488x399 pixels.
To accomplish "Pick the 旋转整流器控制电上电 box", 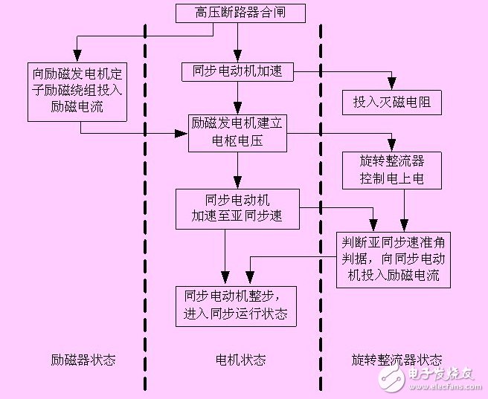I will [x=391, y=171].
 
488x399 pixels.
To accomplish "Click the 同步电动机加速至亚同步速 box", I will [x=237, y=209].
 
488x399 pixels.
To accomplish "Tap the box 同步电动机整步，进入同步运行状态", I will [x=237, y=305].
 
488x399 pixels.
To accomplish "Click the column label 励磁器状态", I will [x=83, y=360].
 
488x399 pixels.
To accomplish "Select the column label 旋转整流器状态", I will [x=396, y=360].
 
